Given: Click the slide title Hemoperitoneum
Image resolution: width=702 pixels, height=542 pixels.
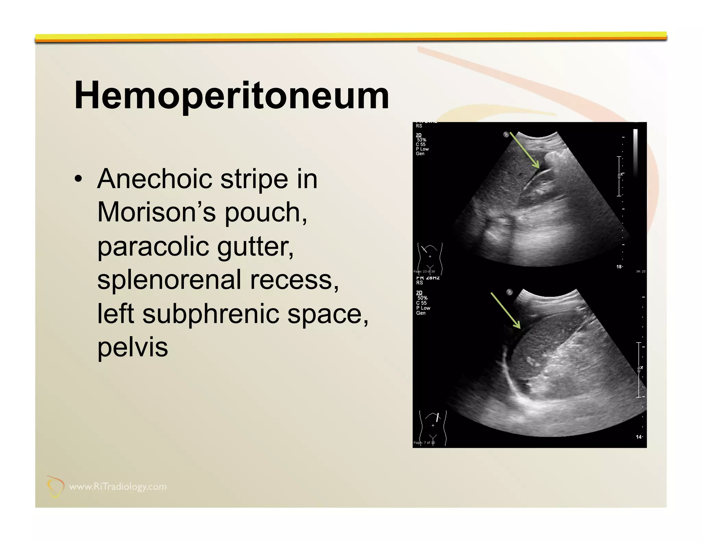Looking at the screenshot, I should click(231, 95).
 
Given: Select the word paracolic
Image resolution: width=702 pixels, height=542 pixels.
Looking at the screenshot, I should click(153, 246).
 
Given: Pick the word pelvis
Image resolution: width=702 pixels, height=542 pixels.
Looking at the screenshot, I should click(133, 347).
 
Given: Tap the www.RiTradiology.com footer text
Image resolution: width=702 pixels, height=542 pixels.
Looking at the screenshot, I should click(118, 486).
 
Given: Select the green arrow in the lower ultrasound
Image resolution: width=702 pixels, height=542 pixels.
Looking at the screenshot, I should click(506, 310).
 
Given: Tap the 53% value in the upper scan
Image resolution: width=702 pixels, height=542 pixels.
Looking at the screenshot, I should click(422, 140).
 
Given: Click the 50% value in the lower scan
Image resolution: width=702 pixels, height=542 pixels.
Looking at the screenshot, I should click(422, 298).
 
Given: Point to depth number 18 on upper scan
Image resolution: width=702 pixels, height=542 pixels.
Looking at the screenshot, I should click(619, 267).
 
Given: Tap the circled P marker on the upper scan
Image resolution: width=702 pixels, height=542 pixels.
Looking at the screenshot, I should click(506, 134).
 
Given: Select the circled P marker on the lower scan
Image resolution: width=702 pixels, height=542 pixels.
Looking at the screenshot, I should click(509, 292).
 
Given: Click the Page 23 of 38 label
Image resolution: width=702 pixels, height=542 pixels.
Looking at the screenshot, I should click(424, 271).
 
